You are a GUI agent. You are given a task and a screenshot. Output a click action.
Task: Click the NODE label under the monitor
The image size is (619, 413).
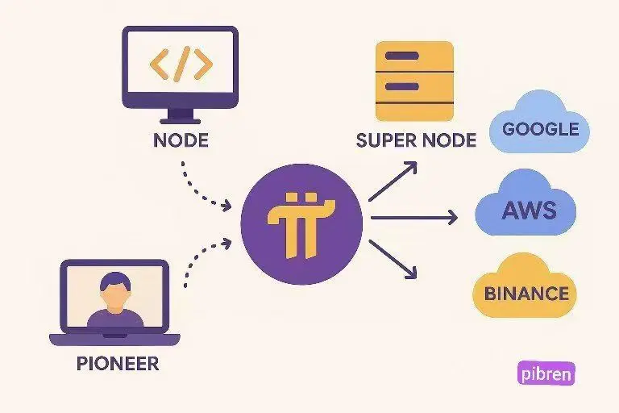tap(180, 140)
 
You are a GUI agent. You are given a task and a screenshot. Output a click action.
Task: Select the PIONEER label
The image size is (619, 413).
tap(118, 363)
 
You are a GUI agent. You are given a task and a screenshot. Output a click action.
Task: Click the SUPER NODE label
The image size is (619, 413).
tap(416, 140)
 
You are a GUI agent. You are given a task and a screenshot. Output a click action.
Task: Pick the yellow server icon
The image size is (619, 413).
tap(414, 81)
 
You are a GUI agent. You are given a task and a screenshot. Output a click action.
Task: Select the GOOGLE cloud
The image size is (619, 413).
tap(540, 128)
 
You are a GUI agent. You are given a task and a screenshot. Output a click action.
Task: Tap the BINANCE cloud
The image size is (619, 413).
tap(526, 292)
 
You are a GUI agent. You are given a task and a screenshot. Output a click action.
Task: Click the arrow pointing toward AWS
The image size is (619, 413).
tap(413, 217)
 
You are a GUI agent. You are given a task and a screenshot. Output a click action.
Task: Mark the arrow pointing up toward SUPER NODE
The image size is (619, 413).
tap(393, 180)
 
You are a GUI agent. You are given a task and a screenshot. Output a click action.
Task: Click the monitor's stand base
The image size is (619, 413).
tap(181, 118)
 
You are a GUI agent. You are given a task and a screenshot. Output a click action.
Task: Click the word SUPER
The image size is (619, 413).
tap(384, 140)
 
